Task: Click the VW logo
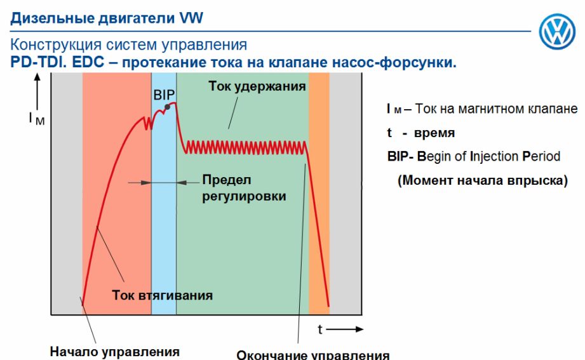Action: [x=557, y=31]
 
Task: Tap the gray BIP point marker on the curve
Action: [x=168, y=107]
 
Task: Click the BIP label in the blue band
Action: [x=164, y=95]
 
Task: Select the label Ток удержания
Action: [x=257, y=86]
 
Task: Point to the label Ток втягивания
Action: [x=163, y=295]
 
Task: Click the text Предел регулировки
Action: [x=244, y=188]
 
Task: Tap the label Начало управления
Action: [x=115, y=352]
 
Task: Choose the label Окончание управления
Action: [x=313, y=354]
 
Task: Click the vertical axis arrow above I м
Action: [x=37, y=91]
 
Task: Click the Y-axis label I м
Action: [x=37, y=119]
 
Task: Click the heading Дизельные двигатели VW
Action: [x=107, y=18]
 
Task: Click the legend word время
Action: [x=434, y=133]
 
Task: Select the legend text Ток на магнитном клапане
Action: [x=496, y=109]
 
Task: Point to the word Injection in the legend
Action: [x=494, y=156]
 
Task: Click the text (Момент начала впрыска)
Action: [x=482, y=180]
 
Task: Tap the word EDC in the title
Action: [x=88, y=62]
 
